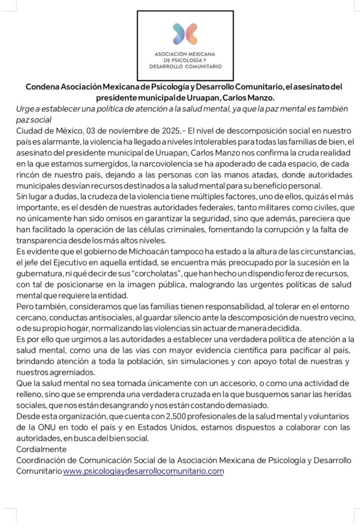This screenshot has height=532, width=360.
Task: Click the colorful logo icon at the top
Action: [x=185, y=33]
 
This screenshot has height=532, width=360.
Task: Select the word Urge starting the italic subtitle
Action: [x=26, y=109]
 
